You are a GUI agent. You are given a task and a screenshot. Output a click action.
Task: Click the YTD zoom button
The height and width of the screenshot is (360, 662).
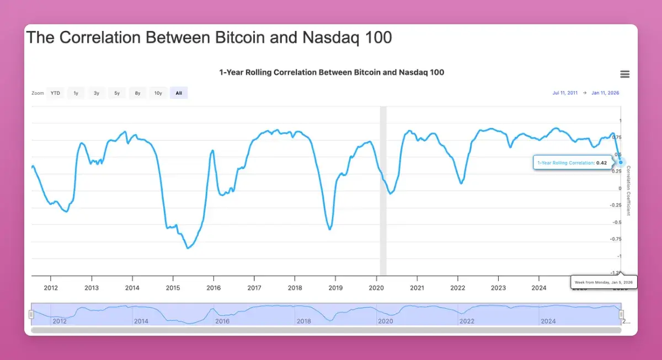point(55,93)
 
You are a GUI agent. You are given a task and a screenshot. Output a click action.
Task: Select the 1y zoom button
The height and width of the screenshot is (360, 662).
point(76,93)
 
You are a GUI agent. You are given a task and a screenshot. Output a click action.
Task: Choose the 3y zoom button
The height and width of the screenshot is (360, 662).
point(97,93)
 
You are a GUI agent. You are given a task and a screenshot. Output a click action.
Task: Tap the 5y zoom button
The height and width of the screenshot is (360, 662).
point(117,93)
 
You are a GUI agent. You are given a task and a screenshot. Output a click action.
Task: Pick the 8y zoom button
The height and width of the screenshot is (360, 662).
point(137,93)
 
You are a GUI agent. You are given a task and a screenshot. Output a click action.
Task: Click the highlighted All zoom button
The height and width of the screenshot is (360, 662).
point(179,93)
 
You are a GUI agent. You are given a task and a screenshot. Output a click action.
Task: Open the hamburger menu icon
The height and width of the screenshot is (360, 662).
point(624,74)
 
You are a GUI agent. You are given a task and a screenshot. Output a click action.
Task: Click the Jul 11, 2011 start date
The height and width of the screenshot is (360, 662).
point(565,93)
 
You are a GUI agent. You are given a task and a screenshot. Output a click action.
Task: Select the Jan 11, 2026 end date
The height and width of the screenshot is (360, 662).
point(605,93)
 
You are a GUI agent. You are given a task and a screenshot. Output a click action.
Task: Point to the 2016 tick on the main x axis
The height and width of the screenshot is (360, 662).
point(213,288)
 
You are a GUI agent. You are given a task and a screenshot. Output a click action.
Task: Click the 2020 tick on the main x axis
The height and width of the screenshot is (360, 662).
point(376,288)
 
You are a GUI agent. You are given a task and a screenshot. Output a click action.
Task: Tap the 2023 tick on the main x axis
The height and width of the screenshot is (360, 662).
point(498,288)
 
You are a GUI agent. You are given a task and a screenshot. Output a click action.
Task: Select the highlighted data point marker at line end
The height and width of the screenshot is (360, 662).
point(622,162)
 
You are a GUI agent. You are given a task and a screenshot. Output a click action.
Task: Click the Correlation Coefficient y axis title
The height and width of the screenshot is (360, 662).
point(628,190)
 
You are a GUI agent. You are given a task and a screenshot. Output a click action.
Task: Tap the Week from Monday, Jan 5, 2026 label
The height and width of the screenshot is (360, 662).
point(604,282)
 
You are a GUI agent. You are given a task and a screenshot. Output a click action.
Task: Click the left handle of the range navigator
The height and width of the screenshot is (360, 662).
point(31,314)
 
